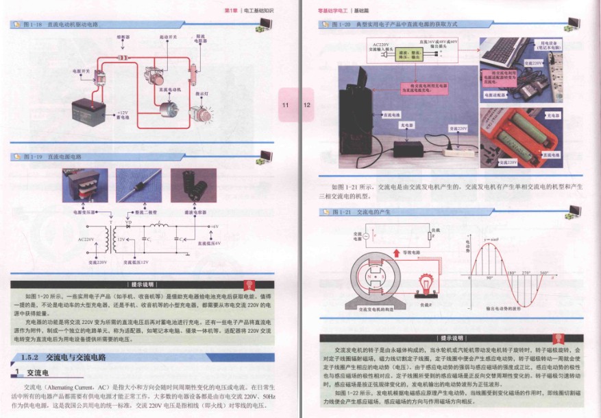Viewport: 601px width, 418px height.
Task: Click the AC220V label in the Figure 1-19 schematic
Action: tap(86, 240)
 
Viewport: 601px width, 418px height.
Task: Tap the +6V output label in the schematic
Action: tap(214, 226)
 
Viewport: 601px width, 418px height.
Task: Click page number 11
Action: tap(286, 105)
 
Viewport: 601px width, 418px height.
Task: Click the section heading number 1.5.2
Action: tap(32, 358)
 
